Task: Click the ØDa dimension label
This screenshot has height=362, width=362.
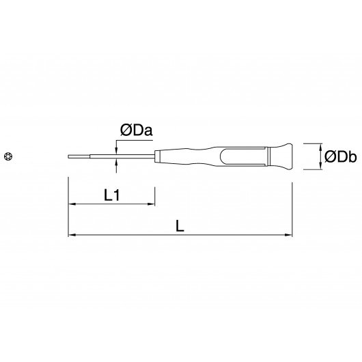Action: tap(136, 130)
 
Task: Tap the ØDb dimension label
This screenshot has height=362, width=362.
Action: tap(341, 157)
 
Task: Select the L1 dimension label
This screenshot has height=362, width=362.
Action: tap(112, 195)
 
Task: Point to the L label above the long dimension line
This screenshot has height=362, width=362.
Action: tap(180, 226)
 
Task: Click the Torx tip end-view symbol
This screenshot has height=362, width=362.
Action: tap(8, 156)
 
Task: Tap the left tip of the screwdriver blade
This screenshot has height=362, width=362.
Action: tap(68, 156)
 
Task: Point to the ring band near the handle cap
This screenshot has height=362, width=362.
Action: tap(268, 156)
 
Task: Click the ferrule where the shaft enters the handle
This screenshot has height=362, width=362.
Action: tap(158, 156)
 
